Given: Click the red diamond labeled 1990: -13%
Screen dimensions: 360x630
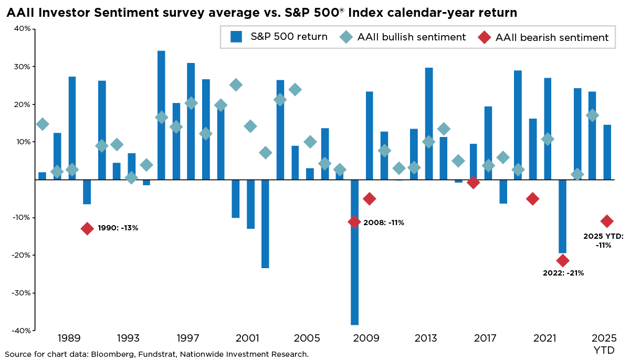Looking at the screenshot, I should click(x=87, y=228).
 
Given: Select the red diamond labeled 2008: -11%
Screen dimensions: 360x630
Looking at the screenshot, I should click(x=354, y=221).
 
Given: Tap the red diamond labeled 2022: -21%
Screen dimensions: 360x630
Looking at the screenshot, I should click(x=563, y=260).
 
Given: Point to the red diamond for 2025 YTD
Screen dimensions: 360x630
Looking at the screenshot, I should click(x=607, y=221).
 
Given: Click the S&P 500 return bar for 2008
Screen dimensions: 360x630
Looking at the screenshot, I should click(x=354, y=252).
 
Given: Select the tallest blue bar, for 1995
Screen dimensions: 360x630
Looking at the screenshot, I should click(x=161, y=115).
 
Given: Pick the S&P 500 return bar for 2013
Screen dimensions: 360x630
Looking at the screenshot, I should click(x=429, y=124).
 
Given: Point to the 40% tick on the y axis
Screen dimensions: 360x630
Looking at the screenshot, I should click(x=22, y=29).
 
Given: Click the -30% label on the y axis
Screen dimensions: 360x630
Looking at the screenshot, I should click(x=20, y=293).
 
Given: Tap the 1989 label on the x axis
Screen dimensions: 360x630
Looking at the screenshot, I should click(x=69, y=338).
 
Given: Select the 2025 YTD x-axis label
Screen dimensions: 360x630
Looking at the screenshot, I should click(x=604, y=344).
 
